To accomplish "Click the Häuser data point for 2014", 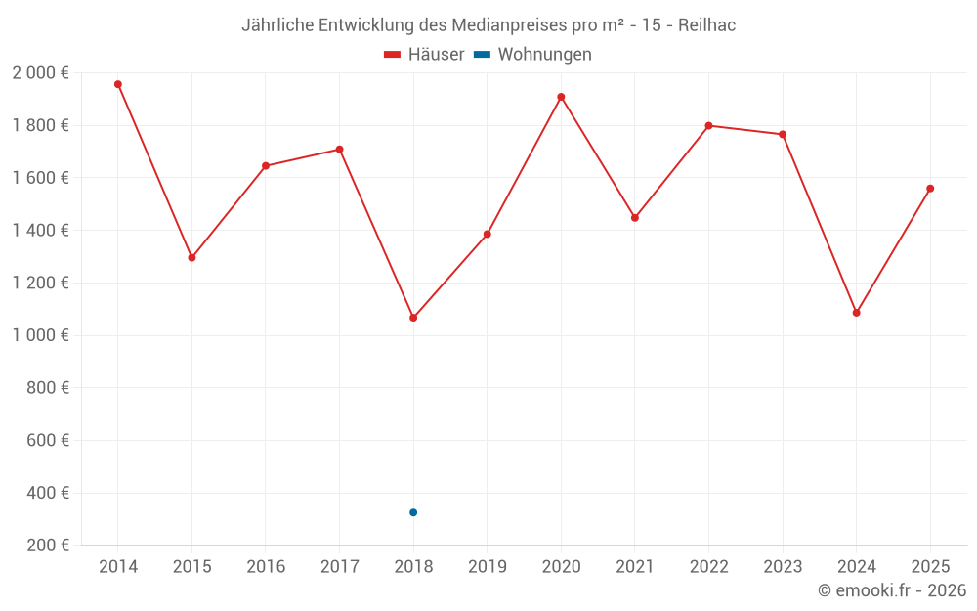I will coord(118,84).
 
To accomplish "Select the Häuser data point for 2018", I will coord(413,318).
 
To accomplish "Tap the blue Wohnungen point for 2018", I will coord(413,512).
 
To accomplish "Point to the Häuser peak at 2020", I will coord(561,97).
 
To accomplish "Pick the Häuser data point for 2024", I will coord(856,313).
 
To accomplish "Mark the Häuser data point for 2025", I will coord(930,189).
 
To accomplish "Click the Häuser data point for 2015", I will coord(191,258).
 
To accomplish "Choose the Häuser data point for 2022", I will coord(708,125).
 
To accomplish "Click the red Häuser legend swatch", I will coord(393,55).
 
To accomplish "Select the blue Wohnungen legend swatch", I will coord(482,55).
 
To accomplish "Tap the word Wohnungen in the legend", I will coord(544,55).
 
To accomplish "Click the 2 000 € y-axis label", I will coord(40,73).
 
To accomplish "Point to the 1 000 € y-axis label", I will coord(40,335).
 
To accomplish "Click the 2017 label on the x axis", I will coord(339,567).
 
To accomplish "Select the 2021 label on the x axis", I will coord(635,567).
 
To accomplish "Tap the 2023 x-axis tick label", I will coord(783,567).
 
